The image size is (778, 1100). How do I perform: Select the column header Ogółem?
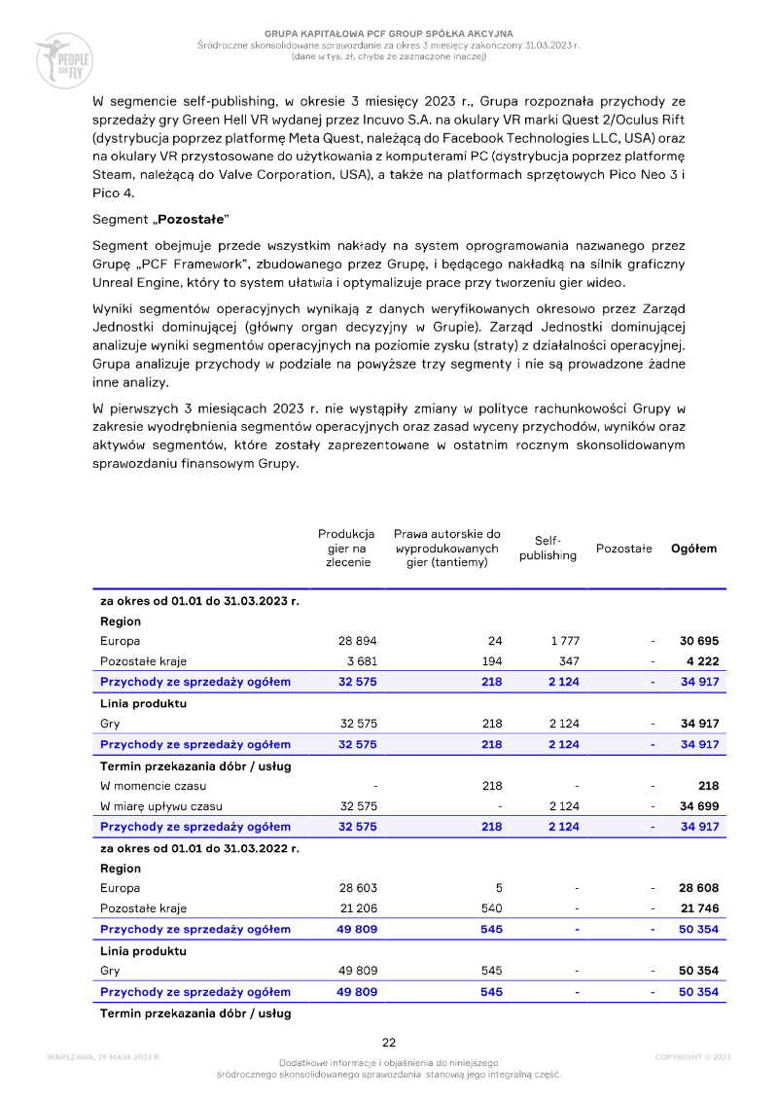tap(693, 548)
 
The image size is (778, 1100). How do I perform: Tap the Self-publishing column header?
tap(548, 548)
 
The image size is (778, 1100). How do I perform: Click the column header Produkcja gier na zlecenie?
tap(347, 548)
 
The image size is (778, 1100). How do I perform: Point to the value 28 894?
tap(357, 641)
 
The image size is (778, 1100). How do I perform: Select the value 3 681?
tap(361, 661)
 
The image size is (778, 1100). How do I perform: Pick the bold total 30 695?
tap(698, 641)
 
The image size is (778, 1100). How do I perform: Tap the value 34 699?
tap(698, 806)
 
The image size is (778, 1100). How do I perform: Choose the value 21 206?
tap(357, 908)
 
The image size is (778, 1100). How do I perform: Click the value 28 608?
tap(698, 888)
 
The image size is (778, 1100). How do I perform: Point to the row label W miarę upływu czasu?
tap(160, 806)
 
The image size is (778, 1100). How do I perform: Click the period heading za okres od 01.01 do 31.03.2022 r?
tap(198, 848)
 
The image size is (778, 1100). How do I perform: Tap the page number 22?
tap(389, 1042)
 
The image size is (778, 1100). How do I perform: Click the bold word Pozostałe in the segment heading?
tap(194, 220)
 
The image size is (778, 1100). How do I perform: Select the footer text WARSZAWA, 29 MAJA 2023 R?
tap(103, 1056)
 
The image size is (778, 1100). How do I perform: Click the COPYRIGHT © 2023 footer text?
tap(692, 1056)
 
